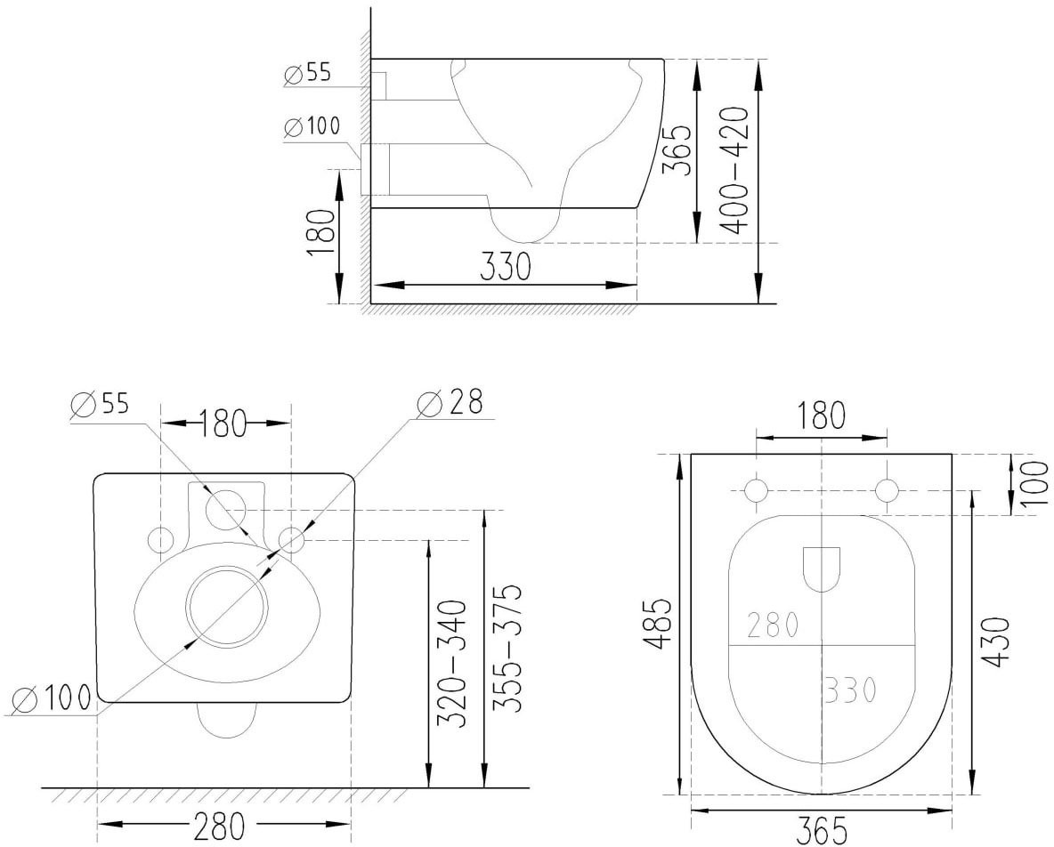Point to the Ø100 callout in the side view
click(312, 127)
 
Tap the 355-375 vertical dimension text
click(507, 648)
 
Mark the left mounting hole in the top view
click(756, 490)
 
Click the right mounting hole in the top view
click(888, 490)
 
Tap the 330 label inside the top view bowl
click(847, 689)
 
